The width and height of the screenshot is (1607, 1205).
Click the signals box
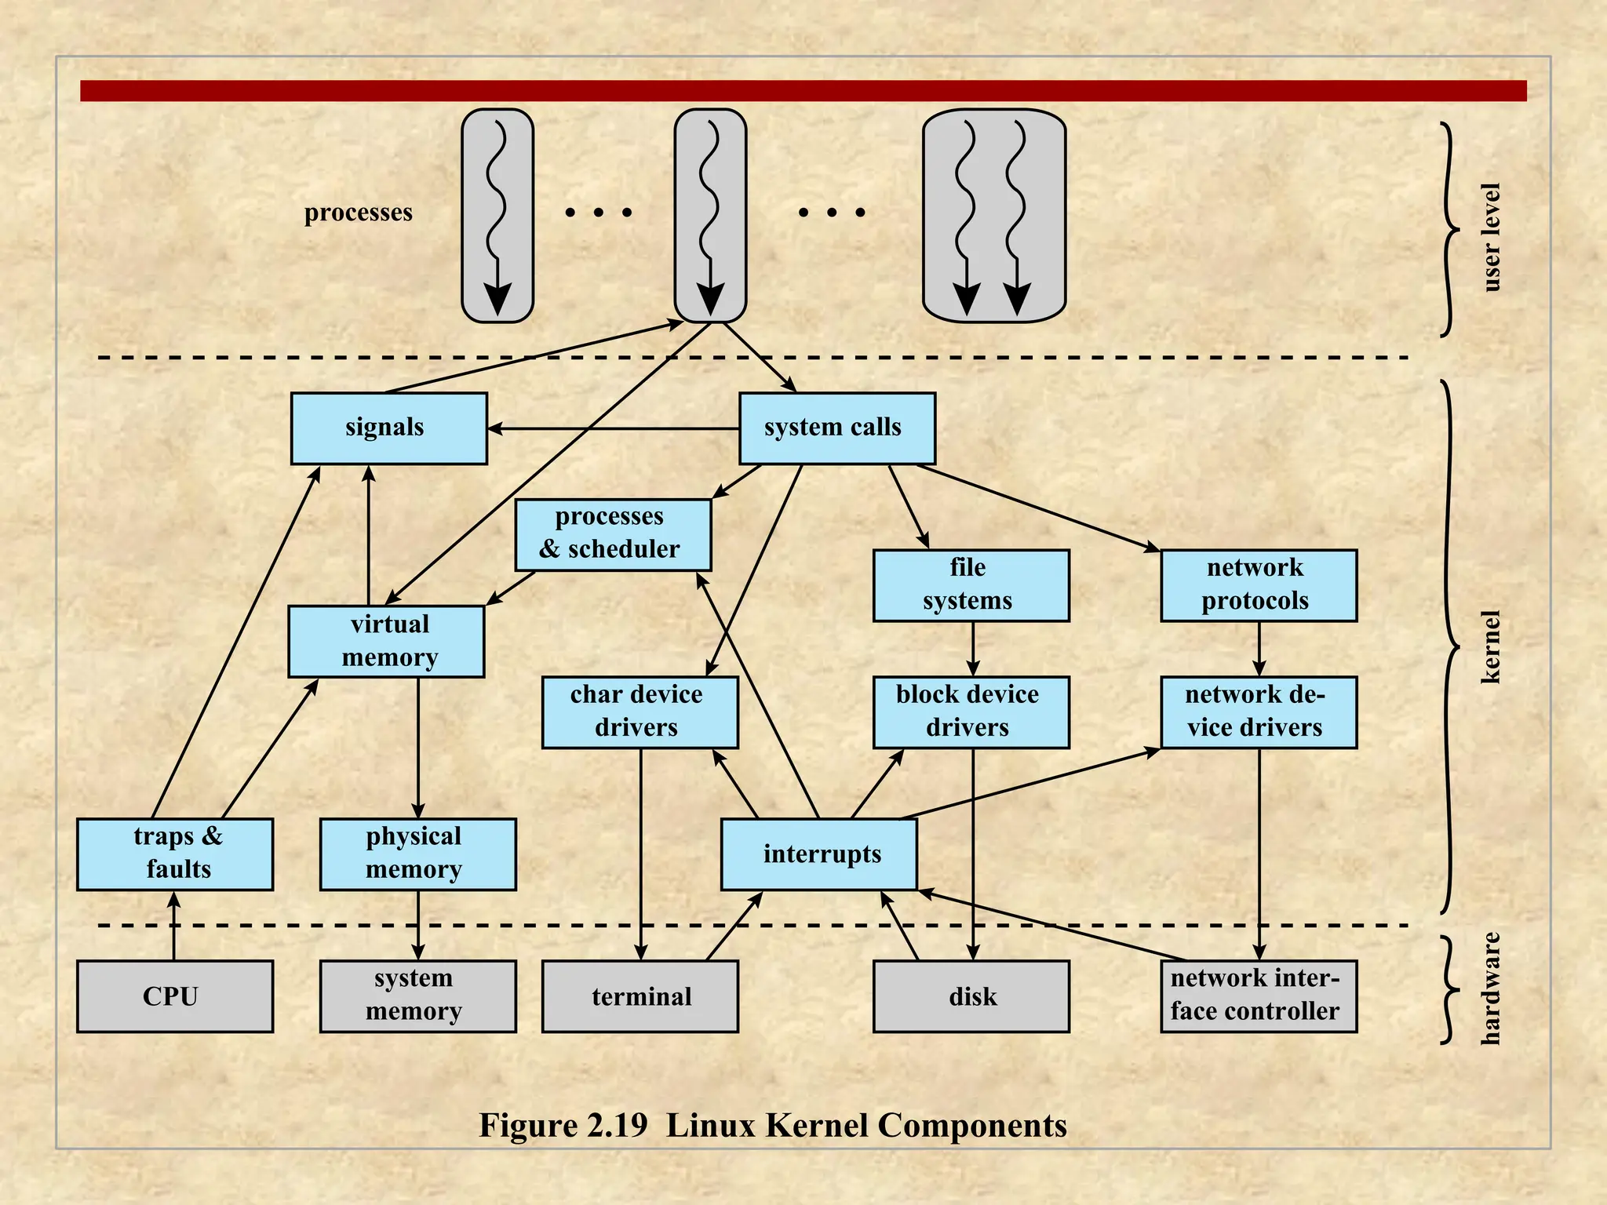(388, 428)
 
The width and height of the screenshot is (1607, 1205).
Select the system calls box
(836, 428)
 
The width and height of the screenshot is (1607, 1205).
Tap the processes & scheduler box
(613, 534)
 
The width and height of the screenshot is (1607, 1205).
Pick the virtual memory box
(386, 641)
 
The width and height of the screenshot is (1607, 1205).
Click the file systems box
(971, 585)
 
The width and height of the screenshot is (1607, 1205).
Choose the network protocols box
(1258, 585)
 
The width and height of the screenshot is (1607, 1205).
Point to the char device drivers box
(640, 712)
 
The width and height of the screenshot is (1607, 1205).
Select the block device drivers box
(971, 712)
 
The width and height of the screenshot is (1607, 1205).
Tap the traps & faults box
(175, 854)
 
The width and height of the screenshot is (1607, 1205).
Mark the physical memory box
(417, 854)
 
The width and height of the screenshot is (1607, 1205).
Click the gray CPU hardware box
(175, 996)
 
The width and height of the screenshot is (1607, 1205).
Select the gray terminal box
(640, 996)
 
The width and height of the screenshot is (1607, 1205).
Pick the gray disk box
(971, 996)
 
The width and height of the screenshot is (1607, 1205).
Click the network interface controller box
(1258, 996)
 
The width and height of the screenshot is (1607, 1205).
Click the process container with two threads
(993, 216)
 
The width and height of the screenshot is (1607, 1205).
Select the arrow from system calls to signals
(612, 428)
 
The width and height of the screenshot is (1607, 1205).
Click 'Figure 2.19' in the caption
(563, 1125)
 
